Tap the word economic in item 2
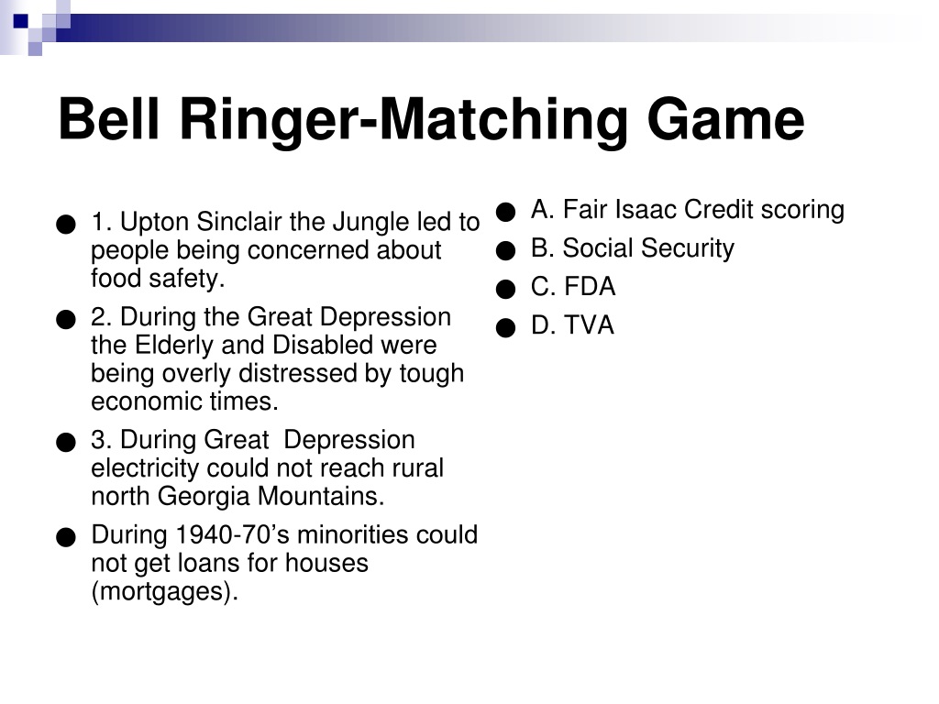[147, 401]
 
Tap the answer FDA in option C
[590, 286]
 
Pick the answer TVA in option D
[590, 325]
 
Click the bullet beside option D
[506, 327]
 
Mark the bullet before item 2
[66, 319]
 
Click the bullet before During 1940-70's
[66, 537]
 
